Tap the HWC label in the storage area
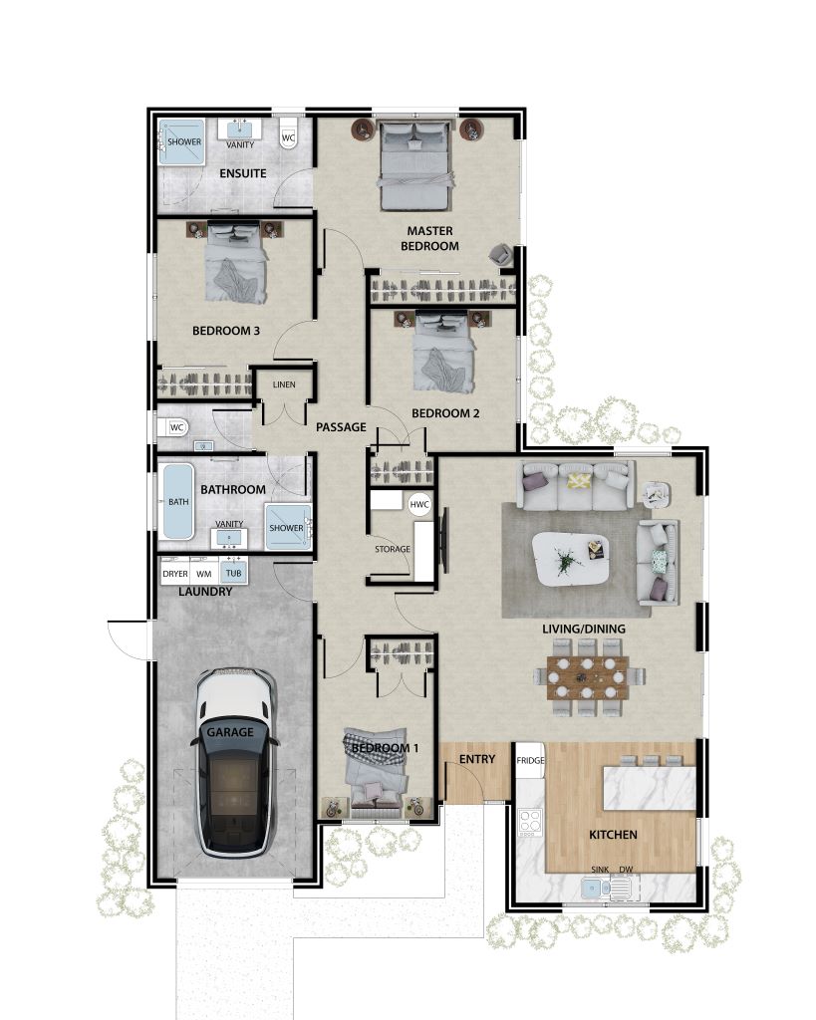click(419, 505)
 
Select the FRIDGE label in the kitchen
click(530, 760)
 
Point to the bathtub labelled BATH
click(178, 502)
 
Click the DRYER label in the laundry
click(175, 574)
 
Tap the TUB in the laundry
click(233, 574)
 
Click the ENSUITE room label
click(242, 173)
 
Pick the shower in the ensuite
click(183, 141)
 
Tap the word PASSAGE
click(341, 427)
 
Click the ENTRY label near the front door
click(477, 760)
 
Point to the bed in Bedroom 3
click(237, 266)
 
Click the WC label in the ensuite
click(289, 137)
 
